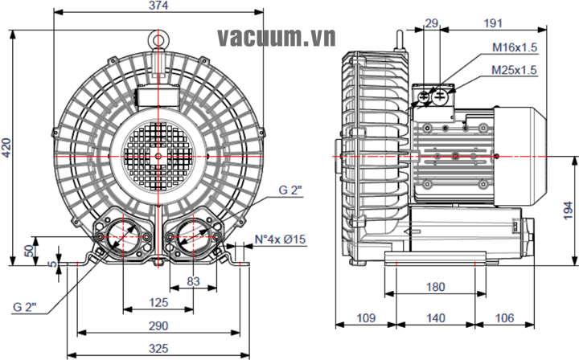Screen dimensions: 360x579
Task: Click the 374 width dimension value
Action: click(158, 6)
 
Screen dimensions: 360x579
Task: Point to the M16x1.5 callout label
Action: click(515, 48)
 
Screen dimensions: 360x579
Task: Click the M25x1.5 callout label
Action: click(515, 70)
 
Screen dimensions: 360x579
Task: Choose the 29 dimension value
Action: click(432, 23)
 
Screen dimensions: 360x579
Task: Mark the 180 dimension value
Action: click(435, 287)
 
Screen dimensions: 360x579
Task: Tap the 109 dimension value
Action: click(366, 318)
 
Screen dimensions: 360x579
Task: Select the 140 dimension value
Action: click(435, 318)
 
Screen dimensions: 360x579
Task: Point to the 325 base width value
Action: click(158, 349)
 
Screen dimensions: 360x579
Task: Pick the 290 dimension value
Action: click(158, 325)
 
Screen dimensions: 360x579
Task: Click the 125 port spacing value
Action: click(158, 302)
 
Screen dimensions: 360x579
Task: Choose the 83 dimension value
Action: click(193, 280)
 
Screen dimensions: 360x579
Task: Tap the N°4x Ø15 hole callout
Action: click(281, 239)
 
